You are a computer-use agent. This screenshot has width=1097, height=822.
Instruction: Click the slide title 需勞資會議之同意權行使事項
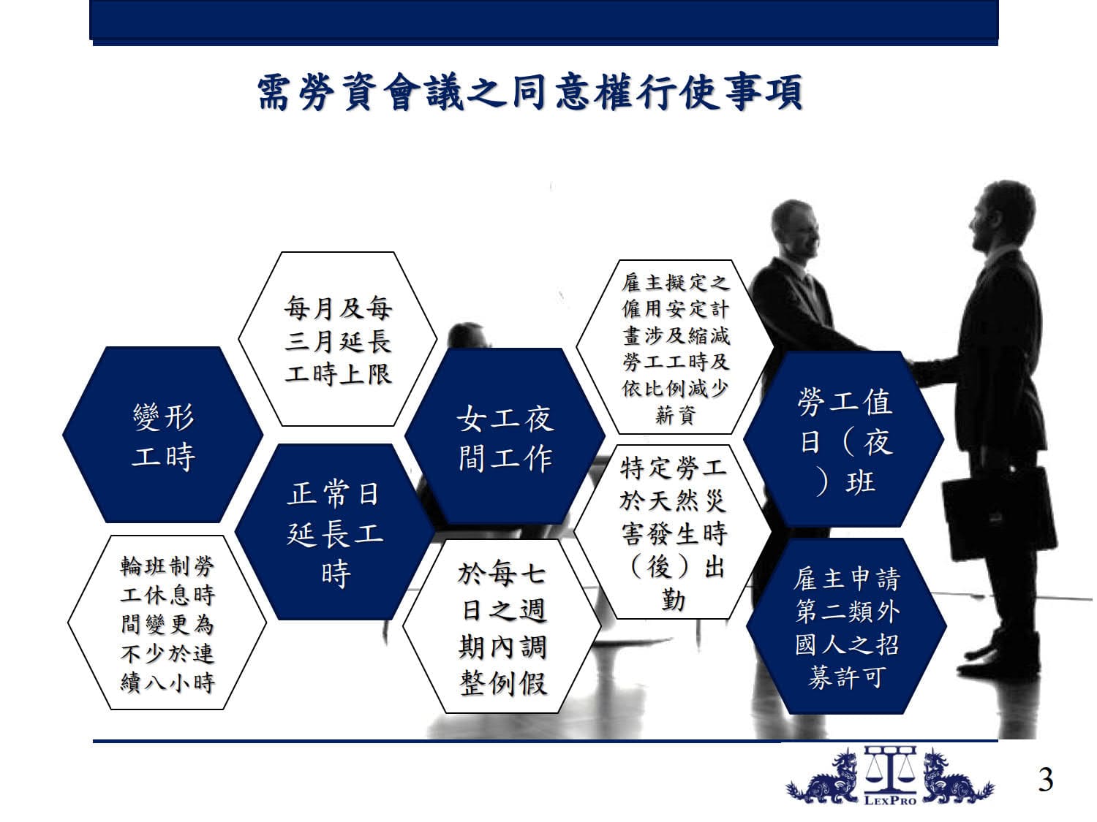pyautogui.click(x=529, y=92)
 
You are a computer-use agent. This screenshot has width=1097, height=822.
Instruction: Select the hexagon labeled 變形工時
pyautogui.click(x=163, y=435)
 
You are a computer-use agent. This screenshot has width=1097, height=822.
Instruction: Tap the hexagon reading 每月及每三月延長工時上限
pyautogui.click(x=338, y=339)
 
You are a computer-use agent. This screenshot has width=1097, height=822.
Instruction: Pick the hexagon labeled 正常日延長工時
pyautogui.click(x=334, y=532)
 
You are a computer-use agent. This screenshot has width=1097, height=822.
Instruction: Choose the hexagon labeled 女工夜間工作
pyautogui.click(x=505, y=436)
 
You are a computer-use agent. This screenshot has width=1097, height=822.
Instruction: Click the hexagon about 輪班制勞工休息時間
pyautogui.click(x=167, y=623)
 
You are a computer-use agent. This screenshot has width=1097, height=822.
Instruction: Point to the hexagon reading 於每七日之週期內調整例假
pyautogui.click(x=502, y=626)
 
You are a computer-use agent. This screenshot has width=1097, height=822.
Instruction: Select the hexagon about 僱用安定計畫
pyautogui.click(x=676, y=347)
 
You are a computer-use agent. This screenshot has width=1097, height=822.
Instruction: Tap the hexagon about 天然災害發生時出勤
pyautogui.click(x=673, y=532)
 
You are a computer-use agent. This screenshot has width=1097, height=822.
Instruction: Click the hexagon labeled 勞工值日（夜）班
pyautogui.click(x=844, y=439)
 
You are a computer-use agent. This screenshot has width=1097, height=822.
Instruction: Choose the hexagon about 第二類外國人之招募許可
pyautogui.click(x=847, y=626)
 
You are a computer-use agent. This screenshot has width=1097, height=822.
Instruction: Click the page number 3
pyautogui.click(x=1046, y=780)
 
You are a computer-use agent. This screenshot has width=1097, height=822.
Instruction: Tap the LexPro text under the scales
pyautogui.click(x=890, y=801)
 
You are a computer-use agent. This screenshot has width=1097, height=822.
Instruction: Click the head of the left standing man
pyautogui.click(x=795, y=229)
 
